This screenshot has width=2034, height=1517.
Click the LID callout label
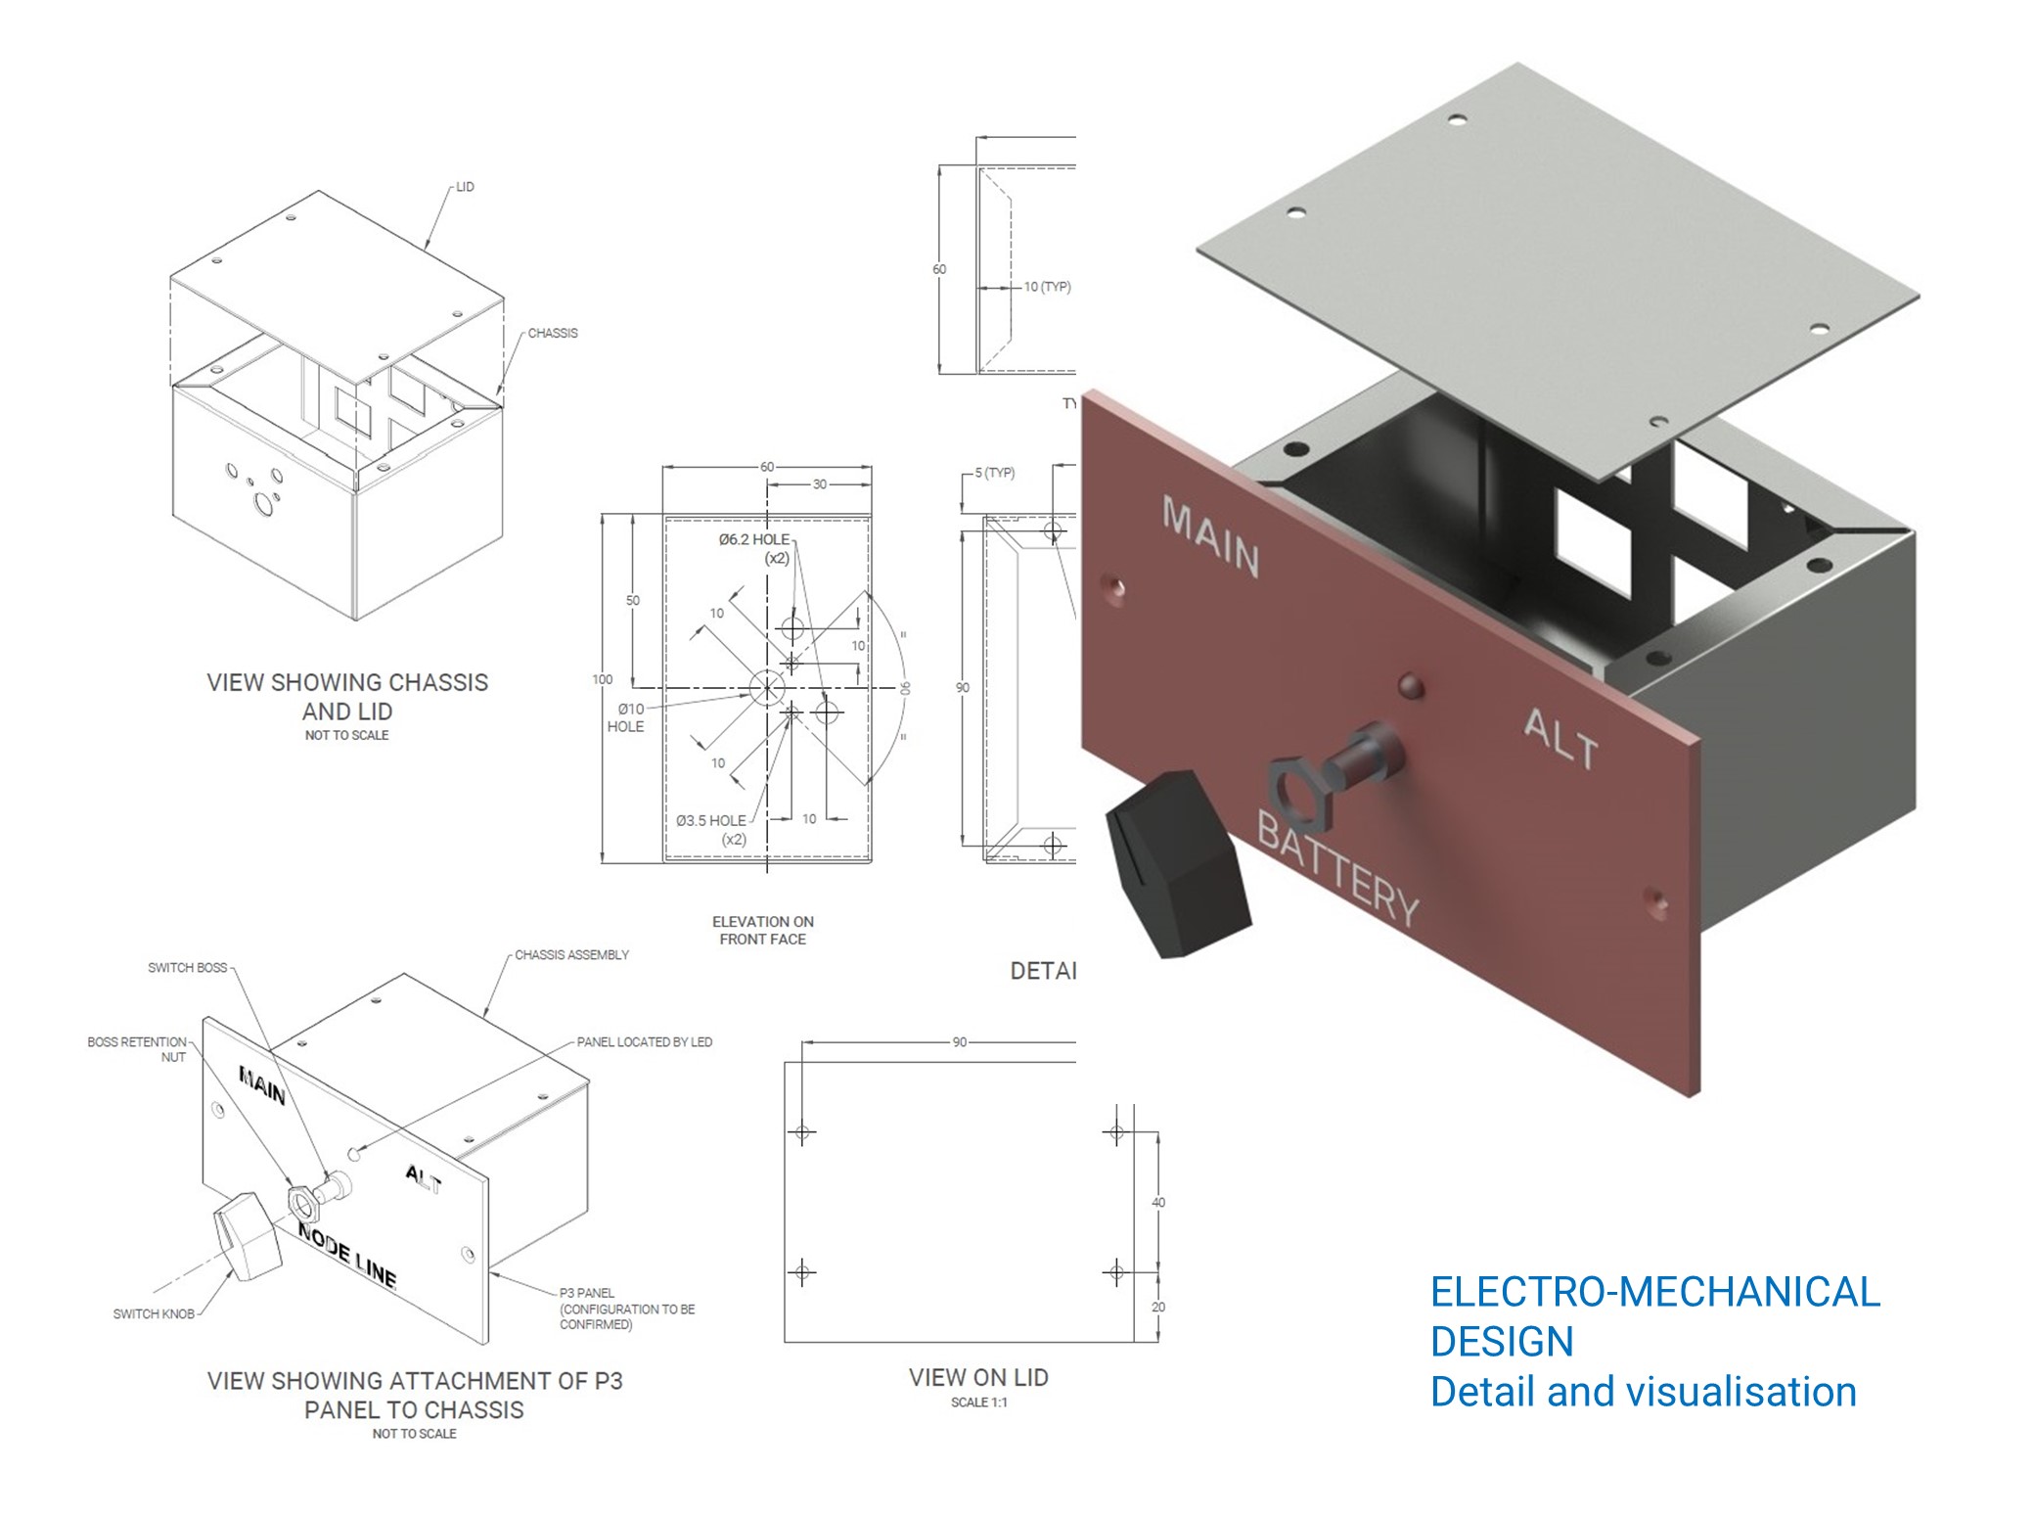pos(465,187)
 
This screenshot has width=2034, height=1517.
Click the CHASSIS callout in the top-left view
pos(553,334)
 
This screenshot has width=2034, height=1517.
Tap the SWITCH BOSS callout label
pos(187,968)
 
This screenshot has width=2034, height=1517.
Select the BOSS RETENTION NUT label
pos(137,1049)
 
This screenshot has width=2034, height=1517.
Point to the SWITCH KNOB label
pos(154,1313)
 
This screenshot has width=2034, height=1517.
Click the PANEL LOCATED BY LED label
pos(644,1042)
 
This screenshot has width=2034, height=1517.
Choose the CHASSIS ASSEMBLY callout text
pos(571,955)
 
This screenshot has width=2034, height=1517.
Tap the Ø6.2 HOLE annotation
pos(754,548)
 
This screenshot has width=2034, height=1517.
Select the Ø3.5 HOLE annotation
pos(711,829)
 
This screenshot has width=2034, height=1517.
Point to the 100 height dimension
pos(603,679)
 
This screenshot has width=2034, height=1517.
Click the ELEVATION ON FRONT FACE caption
pos(762,931)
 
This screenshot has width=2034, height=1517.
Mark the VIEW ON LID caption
pos(978,1378)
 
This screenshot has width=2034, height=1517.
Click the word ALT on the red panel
pos(1560,739)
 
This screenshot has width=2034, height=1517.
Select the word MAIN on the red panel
pos(1210,536)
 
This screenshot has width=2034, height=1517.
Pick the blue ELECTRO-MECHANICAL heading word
pos(1654,1292)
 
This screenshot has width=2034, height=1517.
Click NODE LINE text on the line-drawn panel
pos(347,1256)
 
